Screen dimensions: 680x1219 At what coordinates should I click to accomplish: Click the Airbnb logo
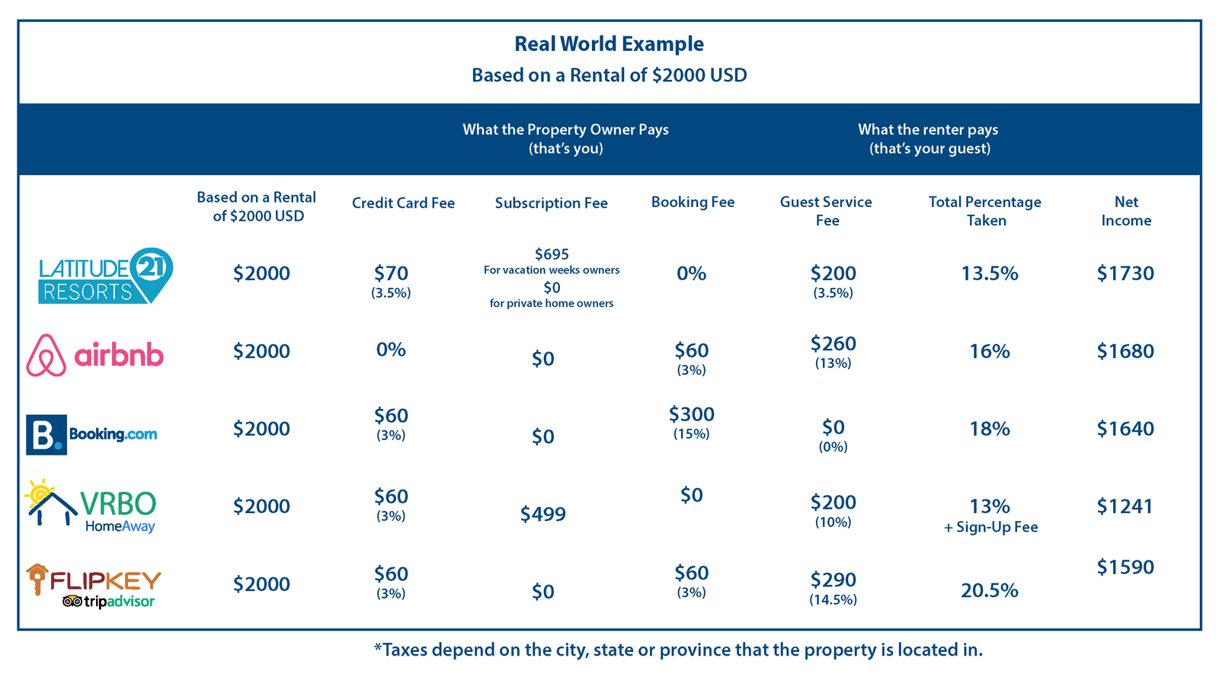coord(95,355)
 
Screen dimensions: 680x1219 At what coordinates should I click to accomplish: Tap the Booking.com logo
coord(91,434)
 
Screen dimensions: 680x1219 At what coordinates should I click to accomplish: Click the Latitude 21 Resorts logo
coord(105,276)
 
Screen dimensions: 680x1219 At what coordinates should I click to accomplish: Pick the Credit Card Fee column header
coord(403,203)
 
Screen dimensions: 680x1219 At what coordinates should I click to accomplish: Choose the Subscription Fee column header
coord(551,203)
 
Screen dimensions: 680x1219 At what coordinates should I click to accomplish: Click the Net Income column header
coord(1126,211)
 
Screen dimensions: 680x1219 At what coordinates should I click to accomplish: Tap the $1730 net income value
coord(1125,273)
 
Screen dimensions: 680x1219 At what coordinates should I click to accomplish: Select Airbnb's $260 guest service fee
coord(833,344)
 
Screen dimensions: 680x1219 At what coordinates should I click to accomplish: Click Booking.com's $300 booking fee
coord(691,414)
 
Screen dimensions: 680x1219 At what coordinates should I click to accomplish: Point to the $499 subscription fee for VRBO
coord(542,515)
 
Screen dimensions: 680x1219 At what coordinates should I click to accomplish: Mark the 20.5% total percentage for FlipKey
coord(989,591)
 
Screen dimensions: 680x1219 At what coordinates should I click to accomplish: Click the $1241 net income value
coord(1125,506)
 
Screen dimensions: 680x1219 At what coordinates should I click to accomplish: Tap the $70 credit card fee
coord(391,273)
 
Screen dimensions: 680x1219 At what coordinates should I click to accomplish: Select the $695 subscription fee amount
coord(552,254)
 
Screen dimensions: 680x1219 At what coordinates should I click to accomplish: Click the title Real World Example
coord(609,44)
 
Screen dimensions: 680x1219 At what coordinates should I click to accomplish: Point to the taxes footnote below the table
coord(678,650)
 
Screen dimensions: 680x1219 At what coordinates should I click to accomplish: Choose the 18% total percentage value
coord(989,429)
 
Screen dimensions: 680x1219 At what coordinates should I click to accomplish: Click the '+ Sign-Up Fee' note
coord(990,528)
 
